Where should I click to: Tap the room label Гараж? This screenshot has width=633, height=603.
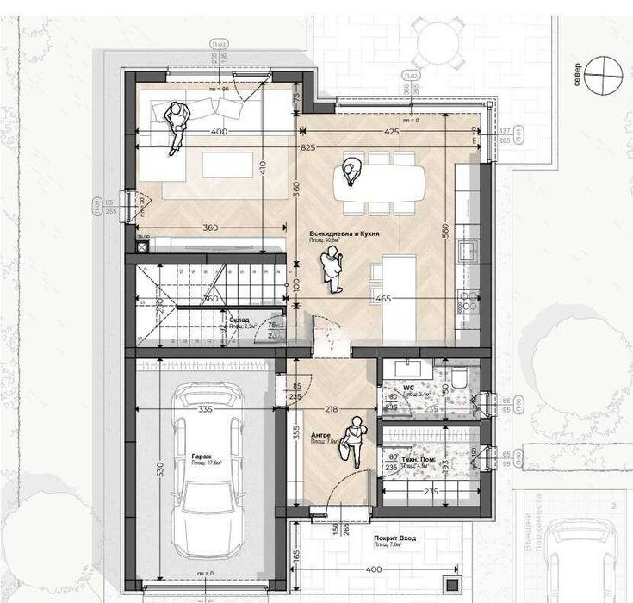[202, 457]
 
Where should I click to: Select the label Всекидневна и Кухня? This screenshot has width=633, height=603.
[345, 234]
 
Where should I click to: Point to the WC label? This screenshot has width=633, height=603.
[409, 389]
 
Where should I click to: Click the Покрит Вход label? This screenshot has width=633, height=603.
[395, 538]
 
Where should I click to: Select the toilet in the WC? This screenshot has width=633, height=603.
[459, 378]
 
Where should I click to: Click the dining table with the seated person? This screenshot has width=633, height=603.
[379, 179]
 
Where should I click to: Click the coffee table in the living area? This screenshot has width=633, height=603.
[227, 164]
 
